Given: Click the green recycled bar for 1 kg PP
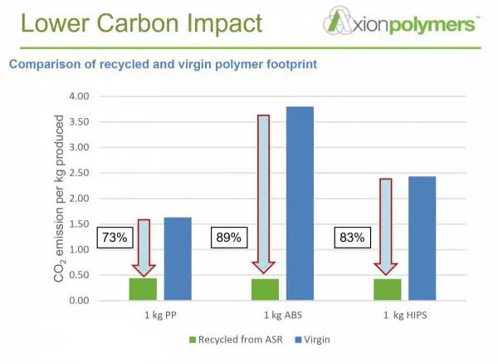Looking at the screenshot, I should [143, 289].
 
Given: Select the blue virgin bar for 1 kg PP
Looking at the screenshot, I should [178, 258].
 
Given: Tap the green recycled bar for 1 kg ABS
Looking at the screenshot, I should [265, 289].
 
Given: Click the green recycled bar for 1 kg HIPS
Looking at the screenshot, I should [387, 289].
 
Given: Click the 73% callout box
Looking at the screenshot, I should [115, 237].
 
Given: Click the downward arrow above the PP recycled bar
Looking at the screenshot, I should [144, 246].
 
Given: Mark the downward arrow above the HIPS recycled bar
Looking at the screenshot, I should [386, 224].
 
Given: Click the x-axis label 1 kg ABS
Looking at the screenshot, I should [282, 316].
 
